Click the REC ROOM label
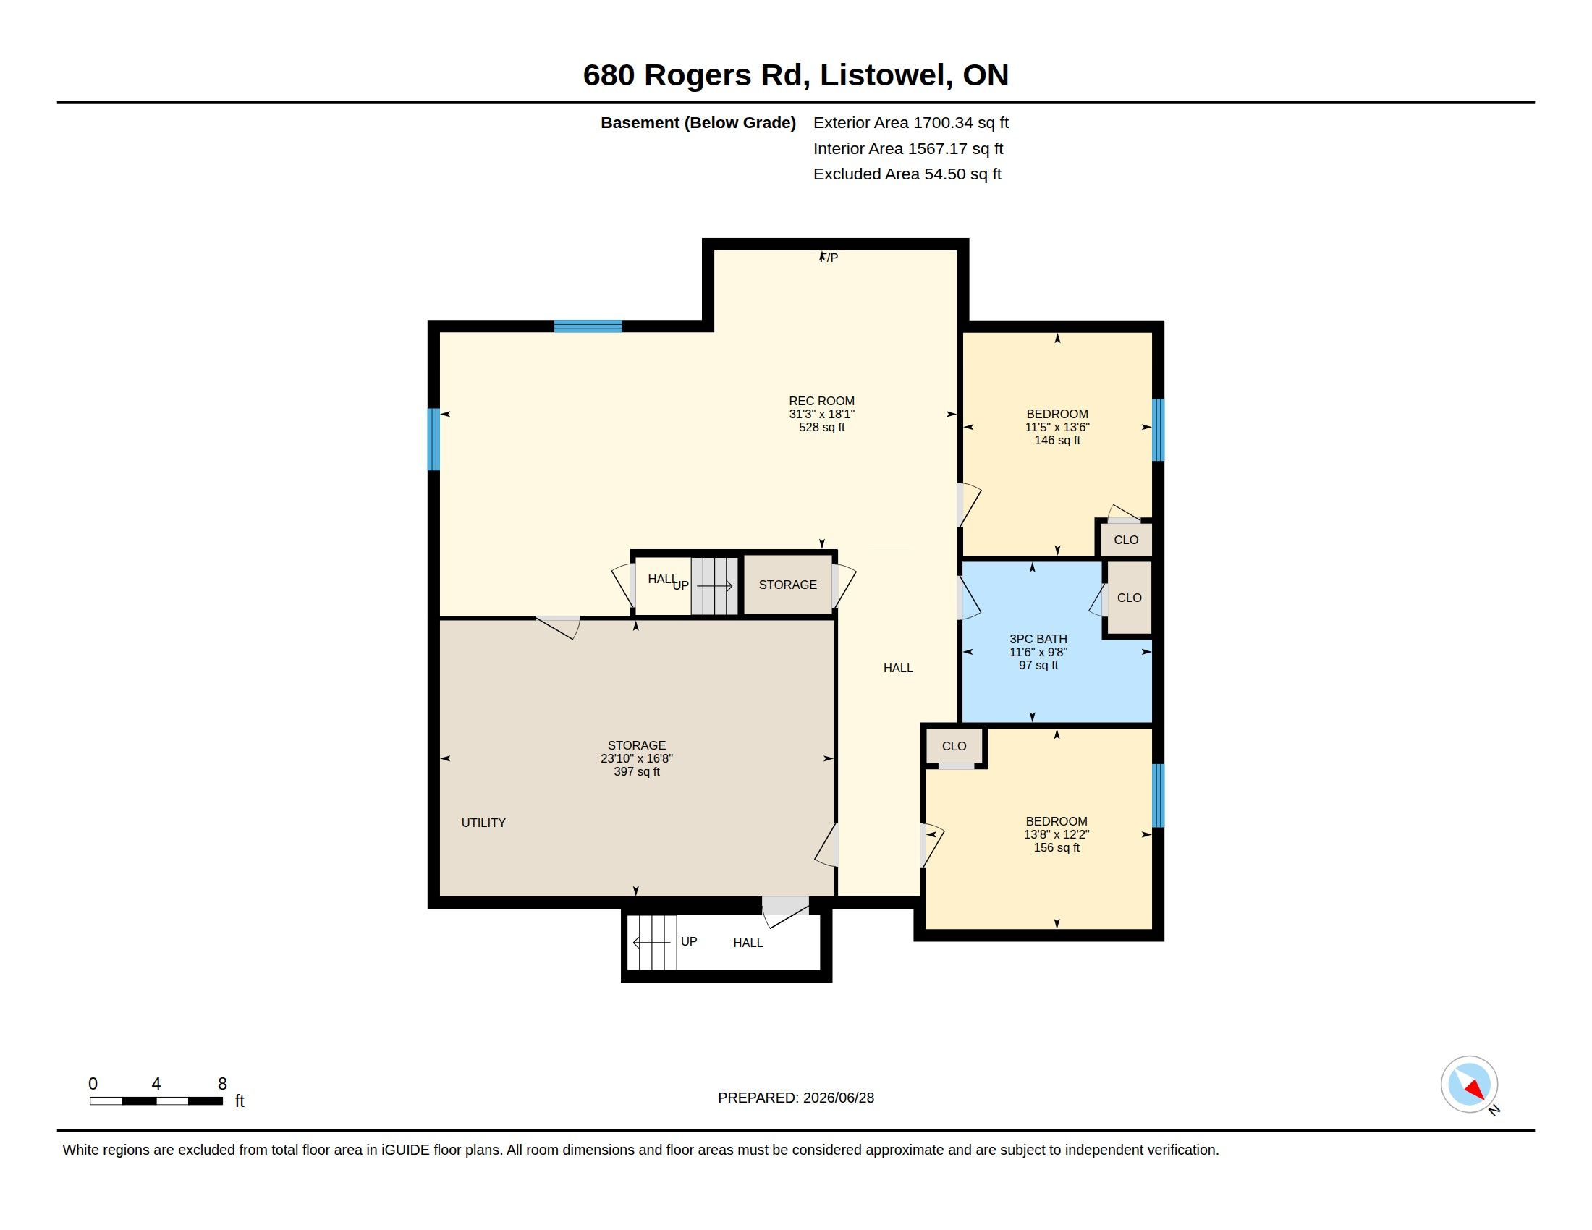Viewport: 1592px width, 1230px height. coord(821,401)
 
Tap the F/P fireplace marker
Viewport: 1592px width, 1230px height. coord(829,258)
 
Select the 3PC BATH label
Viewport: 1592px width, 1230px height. coord(1038,639)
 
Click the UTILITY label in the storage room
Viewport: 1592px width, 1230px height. coord(483,823)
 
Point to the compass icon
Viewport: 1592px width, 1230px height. coord(1469,1085)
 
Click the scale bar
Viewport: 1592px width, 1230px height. coord(156,1101)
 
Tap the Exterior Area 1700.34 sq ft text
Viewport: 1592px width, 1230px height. coord(910,122)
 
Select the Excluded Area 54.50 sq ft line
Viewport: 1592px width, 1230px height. coord(907,174)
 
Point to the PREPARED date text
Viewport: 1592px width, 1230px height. coord(796,1098)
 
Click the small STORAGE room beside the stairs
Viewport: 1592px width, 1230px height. coord(788,585)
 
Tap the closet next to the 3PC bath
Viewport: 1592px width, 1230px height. coord(1129,598)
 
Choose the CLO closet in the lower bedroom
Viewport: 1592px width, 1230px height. coord(954,746)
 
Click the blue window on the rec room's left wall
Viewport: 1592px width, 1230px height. coord(433,439)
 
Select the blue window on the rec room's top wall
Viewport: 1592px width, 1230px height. coord(588,326)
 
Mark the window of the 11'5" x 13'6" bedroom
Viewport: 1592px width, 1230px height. coord(1158,430)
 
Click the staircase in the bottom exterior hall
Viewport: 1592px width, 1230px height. coord(653,943)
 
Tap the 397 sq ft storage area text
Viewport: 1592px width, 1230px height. coord(636,772)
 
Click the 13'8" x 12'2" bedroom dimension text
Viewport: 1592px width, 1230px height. coord(1057,834)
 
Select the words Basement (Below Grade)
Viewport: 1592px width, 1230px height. coord(698,122)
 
